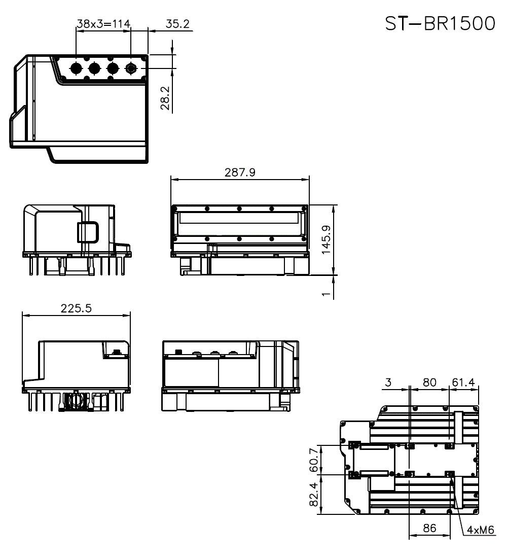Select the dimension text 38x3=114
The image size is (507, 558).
coord(103,23)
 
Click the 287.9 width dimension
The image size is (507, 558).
coord(240,172)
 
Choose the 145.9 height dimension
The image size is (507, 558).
coord(327,239)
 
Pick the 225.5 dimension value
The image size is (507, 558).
coord(76,308)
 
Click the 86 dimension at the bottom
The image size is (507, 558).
coord(429,528)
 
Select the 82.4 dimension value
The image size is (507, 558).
coord(313,495)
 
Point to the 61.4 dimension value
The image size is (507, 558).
coord(463,382)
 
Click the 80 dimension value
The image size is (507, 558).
coord(429,382)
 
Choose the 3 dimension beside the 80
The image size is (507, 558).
coord(388,382)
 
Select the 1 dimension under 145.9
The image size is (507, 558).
coord(327,292)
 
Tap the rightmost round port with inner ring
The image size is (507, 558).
coord(131,68)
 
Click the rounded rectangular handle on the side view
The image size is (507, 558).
coord(88,232)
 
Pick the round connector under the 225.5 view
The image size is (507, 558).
coord(77,400)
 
